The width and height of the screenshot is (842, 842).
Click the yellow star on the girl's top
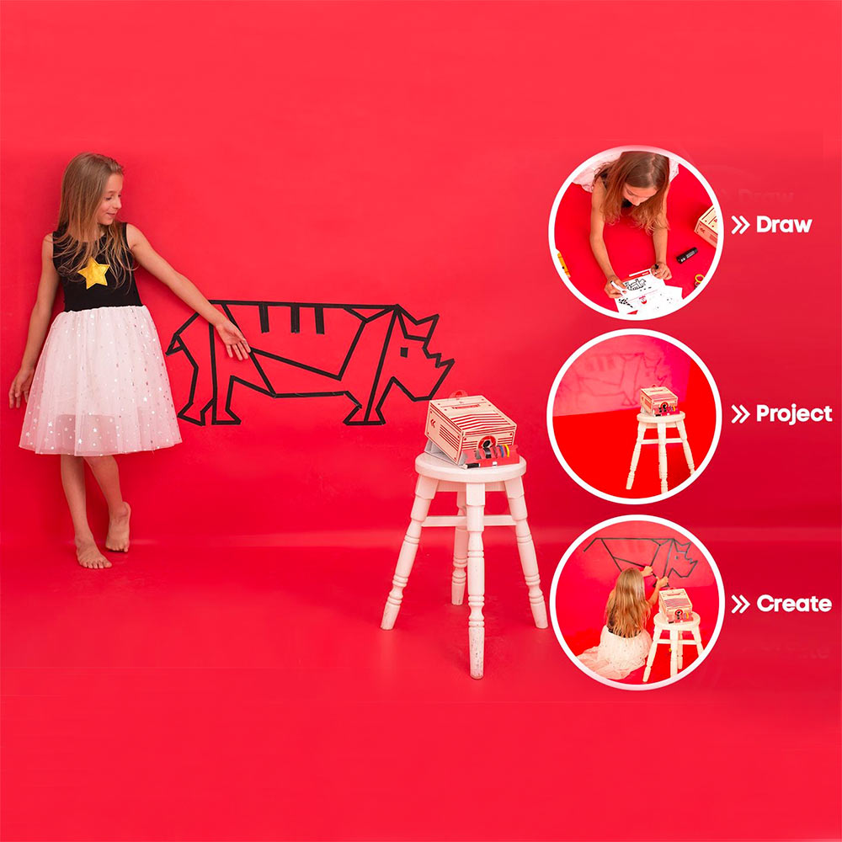(x=94, y=273)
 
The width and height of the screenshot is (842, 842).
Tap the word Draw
(x=783, y=225)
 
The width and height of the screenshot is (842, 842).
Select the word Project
(x=794, y=414)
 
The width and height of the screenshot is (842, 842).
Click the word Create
(x=794, y=604)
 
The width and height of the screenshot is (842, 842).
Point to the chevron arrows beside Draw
(x=740, y=225)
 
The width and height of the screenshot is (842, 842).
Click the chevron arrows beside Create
(x=740, y=604)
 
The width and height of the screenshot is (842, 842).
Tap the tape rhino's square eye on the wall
(x=404, y=352)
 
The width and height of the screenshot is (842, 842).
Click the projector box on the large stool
(x=471, y=429)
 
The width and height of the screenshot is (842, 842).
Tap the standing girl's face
(x=110, y=200)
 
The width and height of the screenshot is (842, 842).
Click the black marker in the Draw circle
(x=686, y=255)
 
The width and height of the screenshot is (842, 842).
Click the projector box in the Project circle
(x=659, y=401)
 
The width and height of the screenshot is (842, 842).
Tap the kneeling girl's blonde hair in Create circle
(x=626, y=603)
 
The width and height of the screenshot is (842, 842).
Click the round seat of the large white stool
(x=471, y=468)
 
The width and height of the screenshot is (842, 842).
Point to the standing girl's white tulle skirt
(x=100, y=381)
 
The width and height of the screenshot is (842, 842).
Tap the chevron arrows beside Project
(x=740, y=414)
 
